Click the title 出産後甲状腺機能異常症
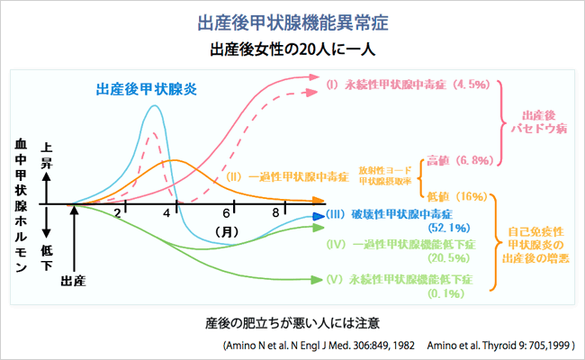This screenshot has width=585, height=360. (292, 19)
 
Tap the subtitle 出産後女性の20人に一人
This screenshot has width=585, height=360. (292, 47)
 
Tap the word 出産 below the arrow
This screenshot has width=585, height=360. (73, 281)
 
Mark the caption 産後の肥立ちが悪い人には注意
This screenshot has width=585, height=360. (292, 321)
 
